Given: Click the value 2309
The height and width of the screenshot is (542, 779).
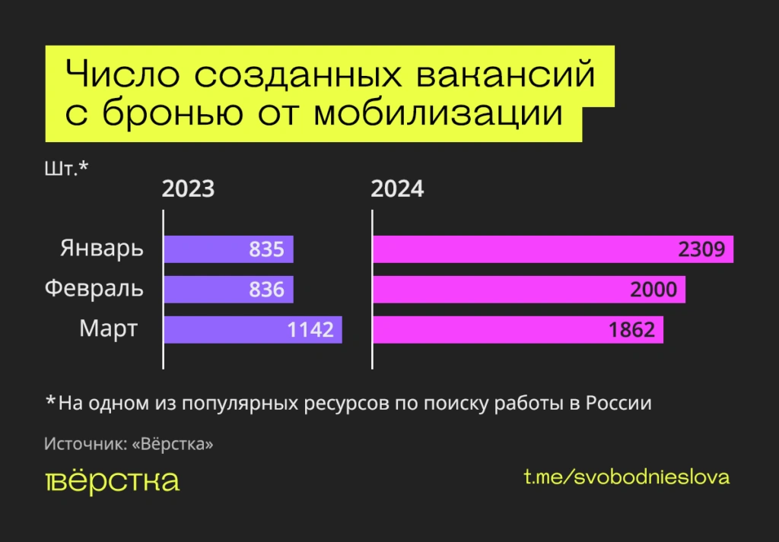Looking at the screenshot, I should pyautogui.click(x=706, y=249).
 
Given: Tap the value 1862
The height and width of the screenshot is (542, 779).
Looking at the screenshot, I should pyautogui.click(x=631, y=330).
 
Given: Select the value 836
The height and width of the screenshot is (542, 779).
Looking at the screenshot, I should pyautogui.click(x=266, y=290).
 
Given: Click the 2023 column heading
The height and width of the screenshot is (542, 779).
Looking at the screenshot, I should pyautogui.click(x=188, y=189).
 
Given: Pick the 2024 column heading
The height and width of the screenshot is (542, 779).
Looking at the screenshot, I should pyautogui.click(x=397, y=189).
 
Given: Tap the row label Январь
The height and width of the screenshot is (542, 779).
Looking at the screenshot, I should pyautogui.click(x=102, y=249).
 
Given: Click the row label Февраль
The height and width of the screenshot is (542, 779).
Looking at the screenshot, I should pyautogui.click(x=94, y=290).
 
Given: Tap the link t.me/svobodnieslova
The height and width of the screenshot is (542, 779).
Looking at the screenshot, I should pyautogui.click(x=627, y=477).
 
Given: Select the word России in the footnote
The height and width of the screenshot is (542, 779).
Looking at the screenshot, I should pyautogui.click(x=618, y=403).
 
